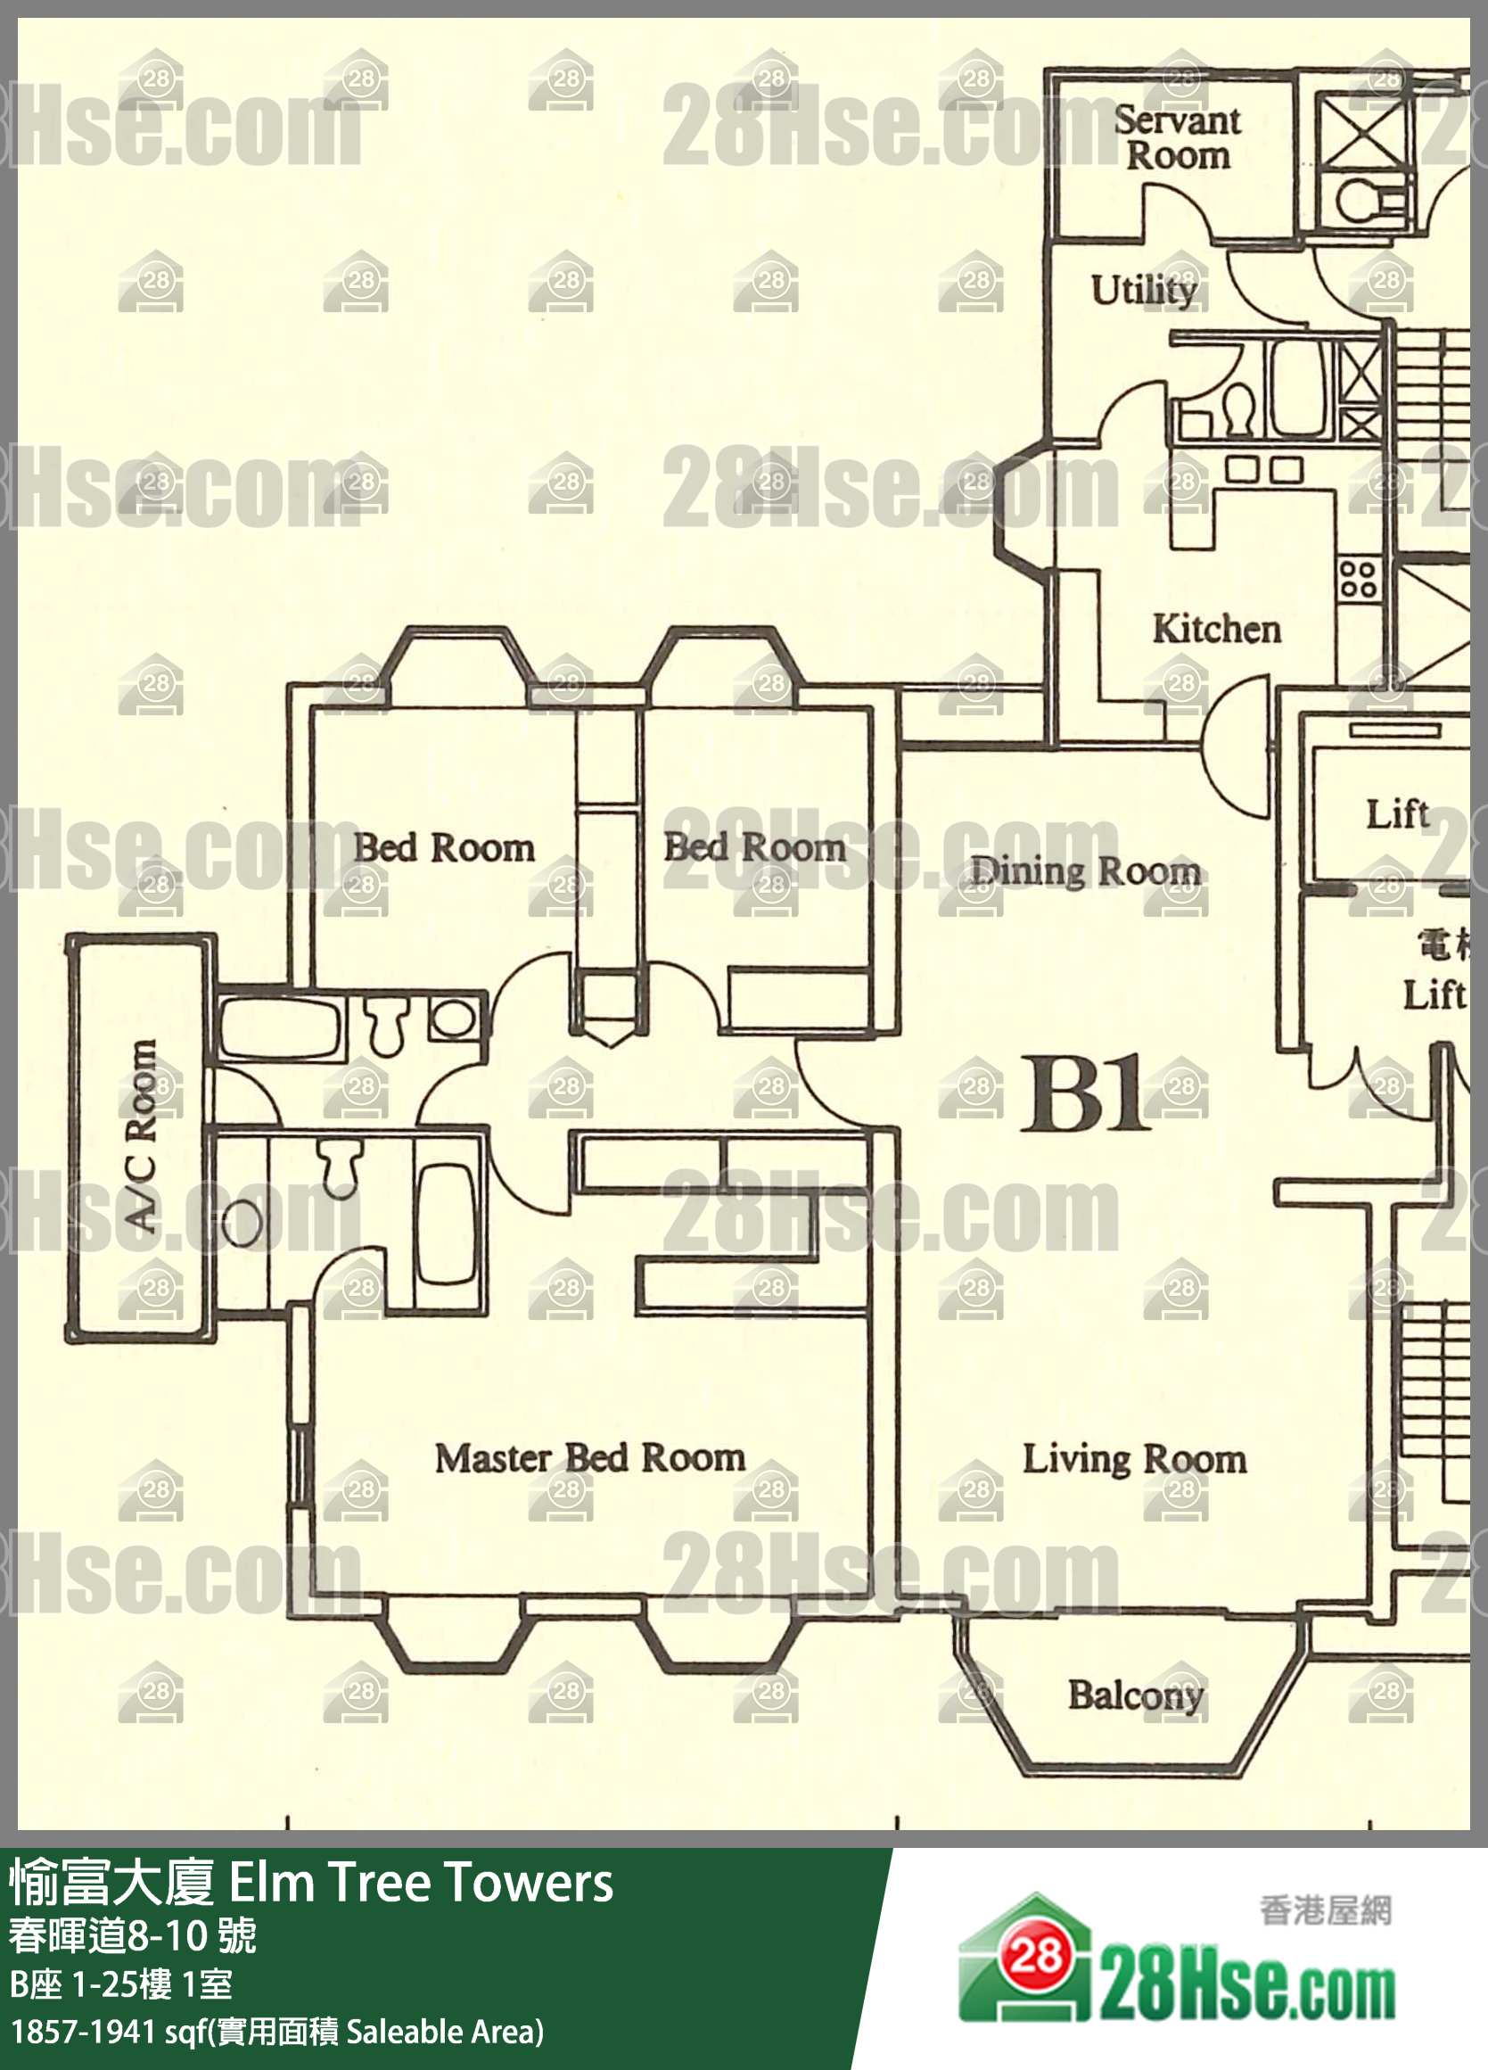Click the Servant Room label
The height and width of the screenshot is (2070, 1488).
tap(1177, 138)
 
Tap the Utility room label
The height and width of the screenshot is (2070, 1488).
tap(1144, 290)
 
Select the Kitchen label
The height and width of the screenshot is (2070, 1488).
tap(1216, 629)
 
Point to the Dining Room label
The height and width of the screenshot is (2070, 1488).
tap(1085, 870)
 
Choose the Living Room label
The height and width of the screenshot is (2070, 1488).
tap(1134, 1459)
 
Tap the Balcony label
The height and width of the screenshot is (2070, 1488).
tap(1136, 1695)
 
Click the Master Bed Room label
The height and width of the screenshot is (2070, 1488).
tap(589, 1457)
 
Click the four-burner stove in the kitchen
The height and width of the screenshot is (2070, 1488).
tap(1358, 580)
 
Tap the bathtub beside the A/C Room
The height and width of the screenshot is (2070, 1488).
tap(279, 1028)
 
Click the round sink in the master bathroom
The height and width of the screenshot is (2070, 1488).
tap(241, 1223)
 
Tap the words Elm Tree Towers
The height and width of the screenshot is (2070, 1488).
tap(421, 1882)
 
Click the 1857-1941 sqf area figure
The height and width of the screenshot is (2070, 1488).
tap(81, 2032)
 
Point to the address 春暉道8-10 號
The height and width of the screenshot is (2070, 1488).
tap(133, 1937)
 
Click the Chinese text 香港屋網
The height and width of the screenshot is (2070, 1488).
tap(1326, 1910)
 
